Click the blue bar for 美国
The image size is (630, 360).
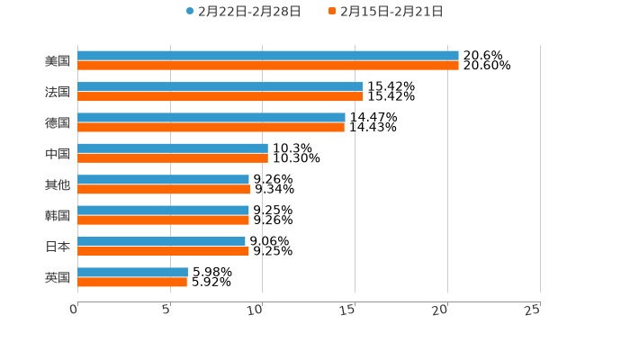click(x=268, y=56)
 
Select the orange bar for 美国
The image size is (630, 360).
click(x=268, y=66)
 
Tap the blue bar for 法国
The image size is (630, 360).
click(x=220, y=86)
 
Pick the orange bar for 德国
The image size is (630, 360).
click(x=211, y=127)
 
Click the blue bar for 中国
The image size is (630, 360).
click(x=173, y=148)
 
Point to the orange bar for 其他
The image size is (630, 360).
click(x=164, y=189)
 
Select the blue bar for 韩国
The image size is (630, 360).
click(x=163, y=210)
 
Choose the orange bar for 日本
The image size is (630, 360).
click(x=163, y=251)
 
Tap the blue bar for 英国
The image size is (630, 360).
click(x=132, y=272)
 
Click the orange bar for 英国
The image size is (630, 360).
click(x=132, y=282)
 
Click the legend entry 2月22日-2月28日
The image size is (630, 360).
click(x=244, y=12)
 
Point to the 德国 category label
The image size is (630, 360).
click(x=57, y=122)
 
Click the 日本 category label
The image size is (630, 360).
click(x=57, y=246)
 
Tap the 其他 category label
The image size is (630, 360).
click(x=57, y=184)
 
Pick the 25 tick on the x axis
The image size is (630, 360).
click(x=533, y=310)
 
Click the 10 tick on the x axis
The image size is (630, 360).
click(x=255, y=310)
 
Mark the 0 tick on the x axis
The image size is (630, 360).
click(x=75, y=310)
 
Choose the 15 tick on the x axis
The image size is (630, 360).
click(x=347, y=310)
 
